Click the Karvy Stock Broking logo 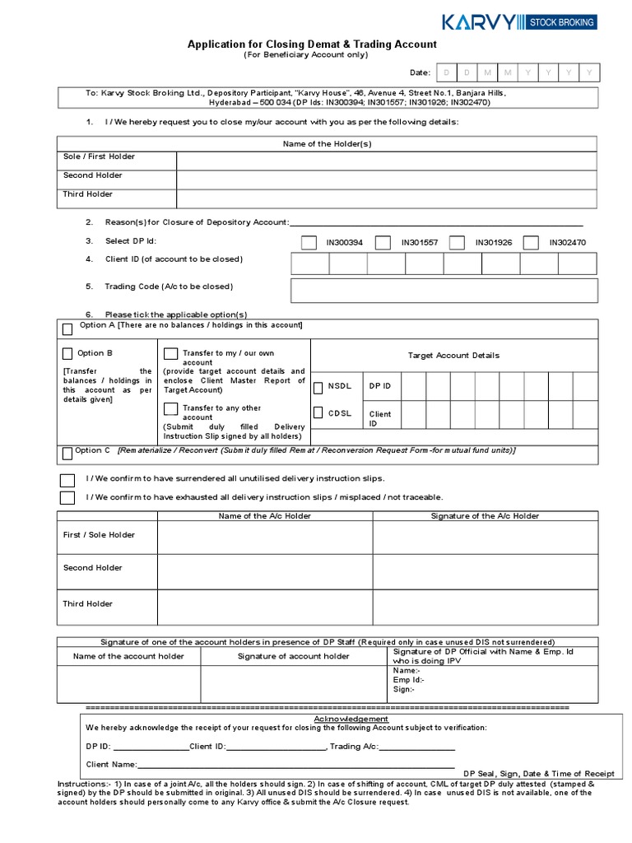click(x=518, y=21)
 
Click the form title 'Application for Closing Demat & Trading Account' click(x=312, y=44)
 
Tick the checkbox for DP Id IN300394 click(x=309, y=243)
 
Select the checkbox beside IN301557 click(x=383, y=243)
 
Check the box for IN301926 click(x=457, y=243)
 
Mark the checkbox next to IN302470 click(x=531, y=243)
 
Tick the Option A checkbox click(x=68, y=329)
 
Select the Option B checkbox click(x=68, y=354)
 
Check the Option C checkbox click(x=67, y=454)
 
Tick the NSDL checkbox click(x=318, y=386)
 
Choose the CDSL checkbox click(x=318, y=413)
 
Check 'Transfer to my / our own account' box click(x=170, y=354)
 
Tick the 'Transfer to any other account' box click(x=170, y=408)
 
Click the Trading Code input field click(x=444, y=290)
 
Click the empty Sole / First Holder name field click(x=386, y=161)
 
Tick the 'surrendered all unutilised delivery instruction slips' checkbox click(x=67, y=479)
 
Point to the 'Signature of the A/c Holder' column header click(x=485, y=516)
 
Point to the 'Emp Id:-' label click(x=408, y=680)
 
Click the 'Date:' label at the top click(x=420, y=73)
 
